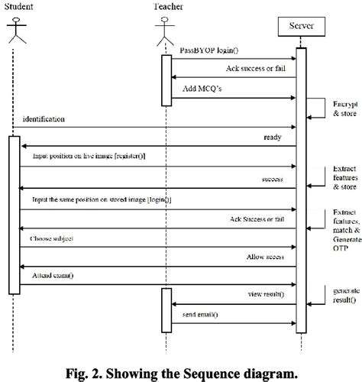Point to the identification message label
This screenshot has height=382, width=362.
tap(44, 120)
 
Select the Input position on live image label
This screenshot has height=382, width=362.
tap(102, 157)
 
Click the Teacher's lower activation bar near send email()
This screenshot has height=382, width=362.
tap(166, 312)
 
